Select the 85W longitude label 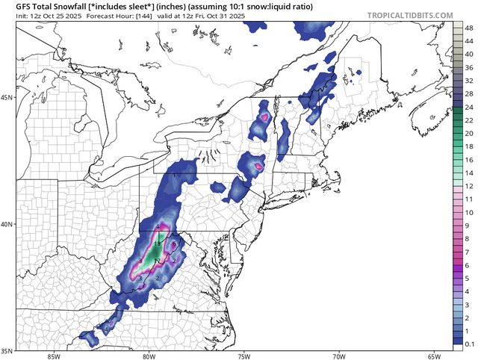tap(52, 356)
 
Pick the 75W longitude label tap(243, 356)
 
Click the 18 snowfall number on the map tap(158, 243)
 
